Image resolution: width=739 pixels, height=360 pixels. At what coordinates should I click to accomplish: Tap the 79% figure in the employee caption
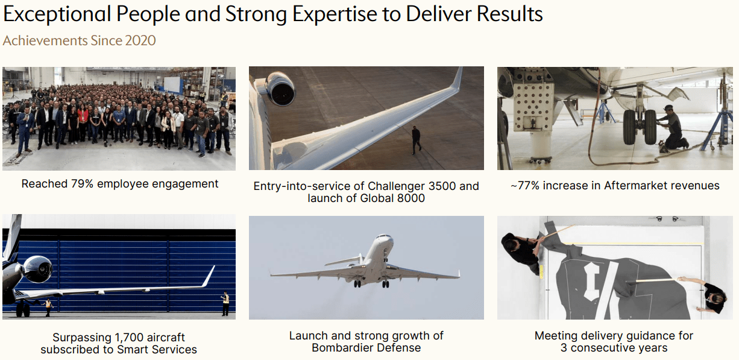click(x=80, y=184)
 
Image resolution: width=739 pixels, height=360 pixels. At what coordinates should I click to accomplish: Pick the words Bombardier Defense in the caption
click(x=366, y=348)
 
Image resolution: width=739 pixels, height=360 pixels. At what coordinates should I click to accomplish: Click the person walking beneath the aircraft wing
click(x=416, y=139)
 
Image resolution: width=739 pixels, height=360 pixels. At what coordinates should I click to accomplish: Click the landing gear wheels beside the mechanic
click(x=638, y=127)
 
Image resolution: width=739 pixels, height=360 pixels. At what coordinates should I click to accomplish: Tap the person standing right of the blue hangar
click(x=225, y=303)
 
